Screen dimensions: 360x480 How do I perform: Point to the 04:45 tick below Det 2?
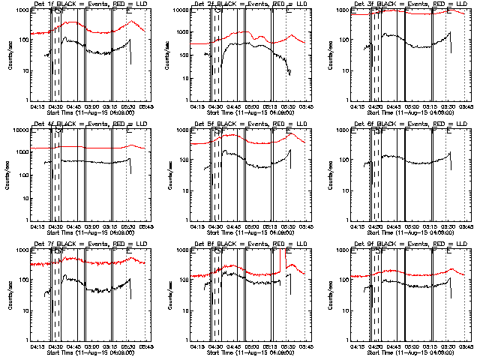[x=233, y=106]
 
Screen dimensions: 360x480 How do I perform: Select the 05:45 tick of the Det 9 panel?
[x=466, y=346]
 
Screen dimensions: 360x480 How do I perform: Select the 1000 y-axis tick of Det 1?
[x=20, y=10]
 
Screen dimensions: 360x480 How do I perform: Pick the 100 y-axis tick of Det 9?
[x=342, y=280]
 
